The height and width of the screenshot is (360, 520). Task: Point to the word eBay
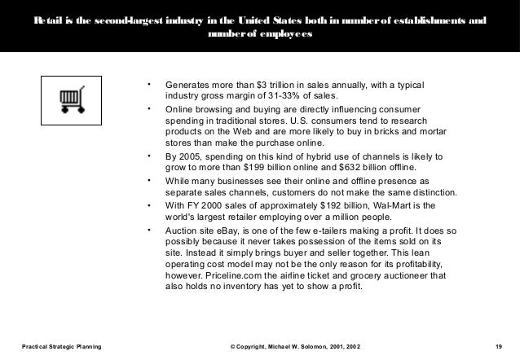pyautogui.click(x=228, y=233)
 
